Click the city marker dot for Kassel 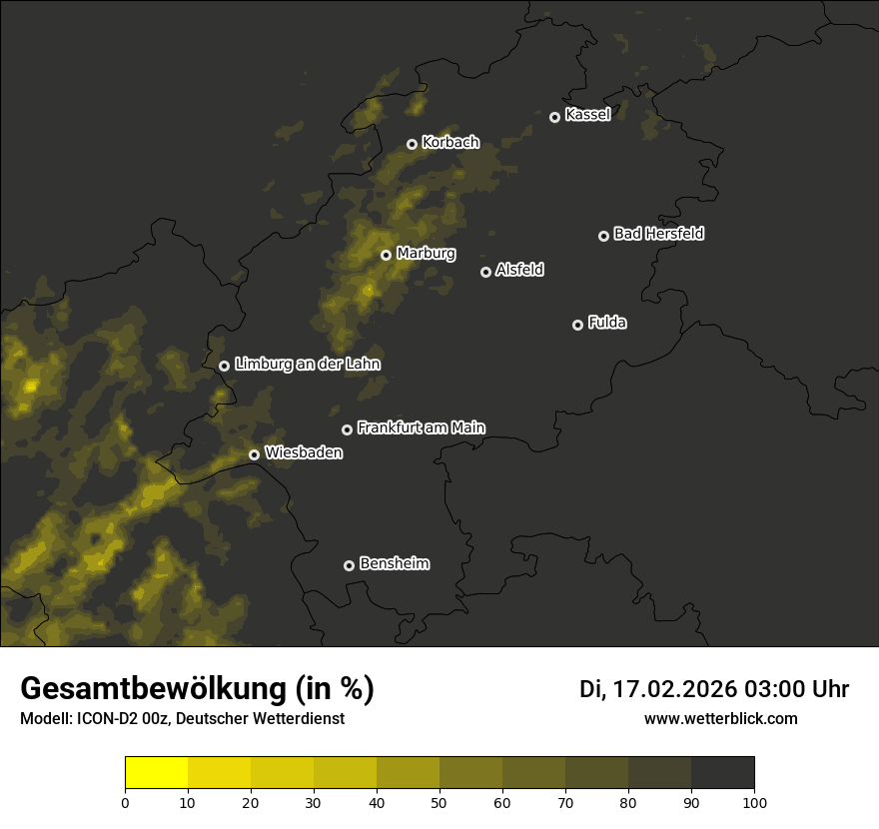[x=554, y=117]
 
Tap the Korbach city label [x=450, y=143]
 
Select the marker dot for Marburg [x=386, y=255]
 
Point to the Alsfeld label [x=519, y=270]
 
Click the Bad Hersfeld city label [x=658, y=234]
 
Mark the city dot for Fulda [x=577, y=325]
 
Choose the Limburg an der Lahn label [x=307, y=365]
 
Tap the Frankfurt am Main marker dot [x=347, y=429]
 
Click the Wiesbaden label [x=304, y=453]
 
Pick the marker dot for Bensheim [x=349, y=565]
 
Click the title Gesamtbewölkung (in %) [x=197, y=689]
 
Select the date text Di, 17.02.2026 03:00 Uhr [x=714, y=689]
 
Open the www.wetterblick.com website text [x=720, y=718]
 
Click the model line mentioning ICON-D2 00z [x=182, y=719]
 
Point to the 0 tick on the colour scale [x=125, y=802]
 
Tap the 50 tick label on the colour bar [x=439, y=802]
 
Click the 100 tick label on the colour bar [x=754, y=802]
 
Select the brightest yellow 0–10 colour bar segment [x=156, y=773]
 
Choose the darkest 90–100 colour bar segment [x=722, y=773]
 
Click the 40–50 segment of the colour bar [x=408, y=773]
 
